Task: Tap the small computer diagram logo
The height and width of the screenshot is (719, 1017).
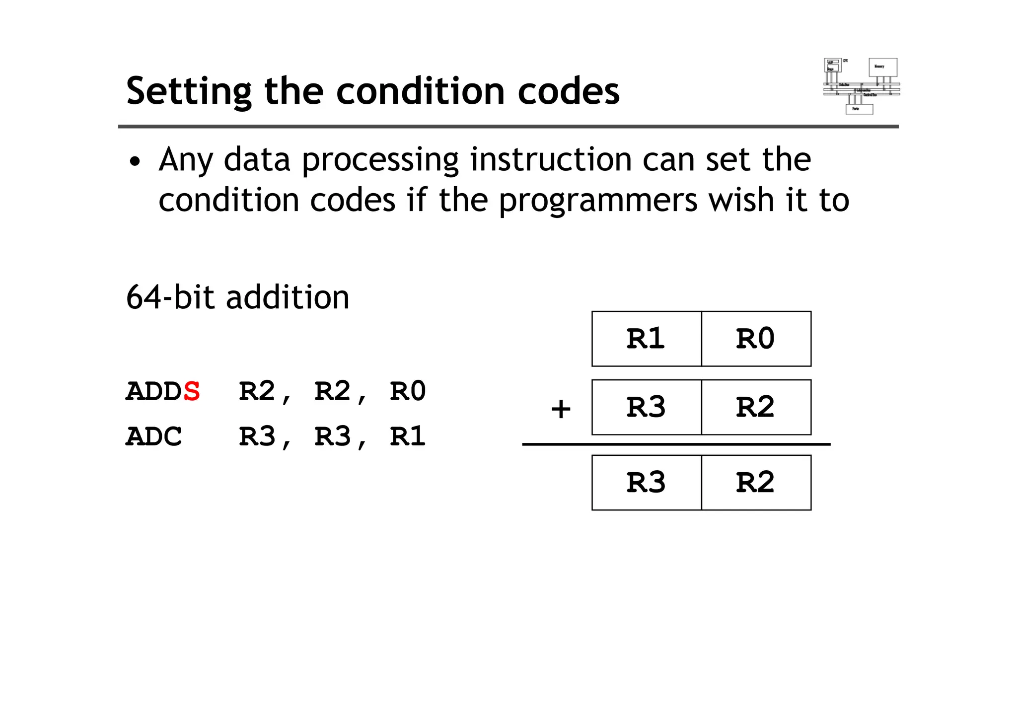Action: pyautogui.click(x=862, y=86)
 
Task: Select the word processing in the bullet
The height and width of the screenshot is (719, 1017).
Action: pyautogui.click(x=380, y=160)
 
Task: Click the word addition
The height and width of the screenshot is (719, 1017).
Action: pyautogui.click(x=288, y=297)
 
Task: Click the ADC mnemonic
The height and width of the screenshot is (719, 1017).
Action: pyautogui.click(x=153, y=437)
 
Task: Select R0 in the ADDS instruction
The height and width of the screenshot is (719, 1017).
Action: pyautogui.click(x=408, y=391)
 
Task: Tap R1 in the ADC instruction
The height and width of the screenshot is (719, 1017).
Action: pyautogui.click(x=408, y=437)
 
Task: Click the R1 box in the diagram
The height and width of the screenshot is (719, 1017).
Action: pyautogui.click(x=646, y=339)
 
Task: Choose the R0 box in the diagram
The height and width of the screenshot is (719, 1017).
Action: pyautogui.click(x=756, y=339)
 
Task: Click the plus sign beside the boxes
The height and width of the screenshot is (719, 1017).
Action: pyautogui.click(x=561, y=409)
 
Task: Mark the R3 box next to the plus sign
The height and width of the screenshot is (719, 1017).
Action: pyautogui.click(x=646, y=407)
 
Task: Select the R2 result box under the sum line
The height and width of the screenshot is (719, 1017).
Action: pyautogui.click(x=756, y=483)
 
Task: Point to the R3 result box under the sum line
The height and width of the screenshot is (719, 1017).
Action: pyautogui.click(x=646, y=483)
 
